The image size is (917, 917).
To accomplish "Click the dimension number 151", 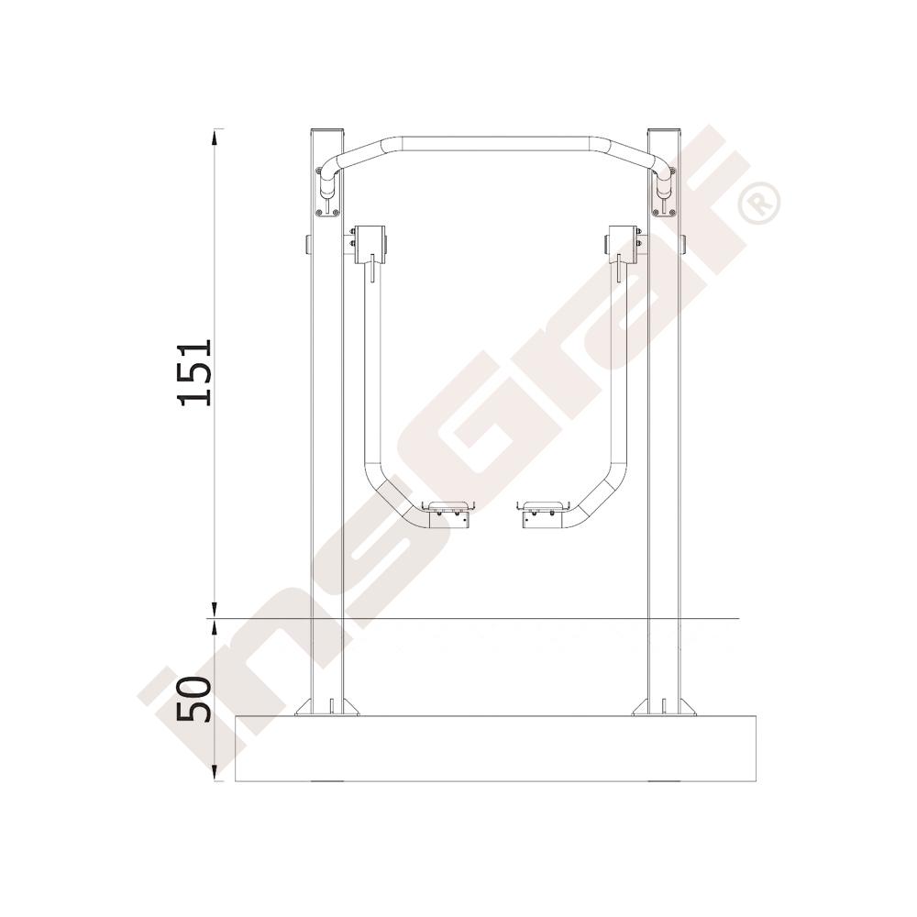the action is click(193, 372).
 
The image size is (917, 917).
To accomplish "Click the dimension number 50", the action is click(193, 699).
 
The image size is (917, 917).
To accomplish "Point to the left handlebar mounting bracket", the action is click(328, 192).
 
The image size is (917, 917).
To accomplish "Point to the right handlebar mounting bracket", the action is click(664, 192).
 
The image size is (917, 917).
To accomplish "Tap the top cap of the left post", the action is click(327, 130).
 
